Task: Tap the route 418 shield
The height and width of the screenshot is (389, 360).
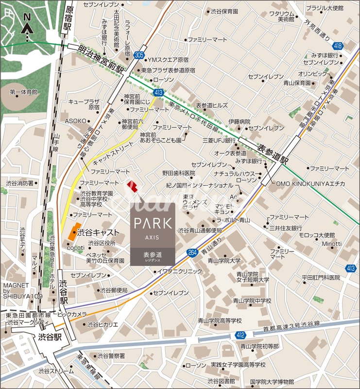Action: pos(339,46)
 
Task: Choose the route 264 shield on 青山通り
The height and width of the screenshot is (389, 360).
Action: pos(192,252)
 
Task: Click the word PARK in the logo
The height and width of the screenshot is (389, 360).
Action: pos(153,224)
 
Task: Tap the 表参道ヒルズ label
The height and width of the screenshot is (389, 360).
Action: pos(211,105)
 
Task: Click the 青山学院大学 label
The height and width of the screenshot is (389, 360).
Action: pos(224,261)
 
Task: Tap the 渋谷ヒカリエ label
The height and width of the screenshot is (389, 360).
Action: pos(103,324)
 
